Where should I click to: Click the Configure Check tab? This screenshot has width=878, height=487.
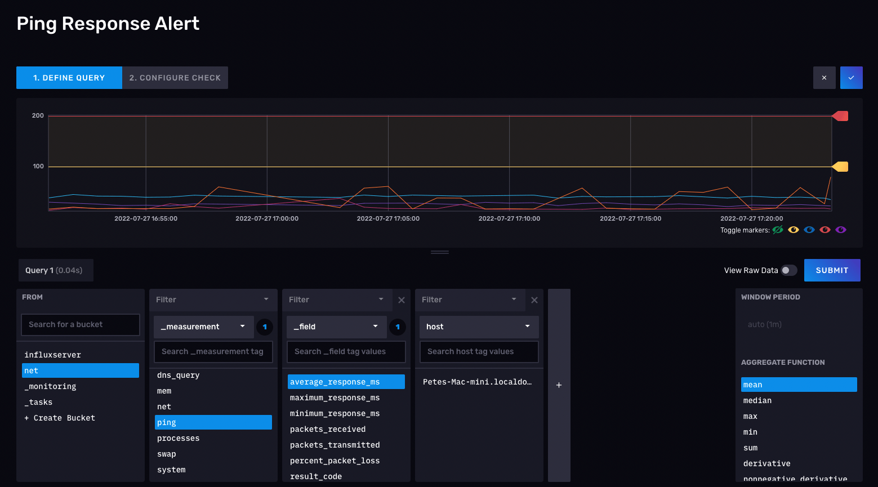pyautogui.click(x=175, y=78)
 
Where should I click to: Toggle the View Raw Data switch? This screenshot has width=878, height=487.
pyautogui.click(x=788, y=270)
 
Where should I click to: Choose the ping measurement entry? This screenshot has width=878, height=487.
pyautogui.click(x=213, y=422)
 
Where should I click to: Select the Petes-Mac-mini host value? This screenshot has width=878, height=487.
pyautogui.click(x=478, y=382)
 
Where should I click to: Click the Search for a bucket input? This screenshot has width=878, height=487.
pyautogui.click(x=81, y=324)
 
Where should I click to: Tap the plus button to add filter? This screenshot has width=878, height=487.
pyautogui.click(x=559, y=385)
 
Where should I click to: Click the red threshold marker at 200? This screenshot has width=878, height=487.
pyautogui.click(x=840, y=116)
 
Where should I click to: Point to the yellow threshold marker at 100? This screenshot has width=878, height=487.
pyautogui.click(x=840, y=167)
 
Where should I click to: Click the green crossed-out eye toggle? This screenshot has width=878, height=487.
pyautogui.click(x=778, y=230)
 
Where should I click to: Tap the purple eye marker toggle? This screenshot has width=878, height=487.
pyautogui.click(x=841, y=230)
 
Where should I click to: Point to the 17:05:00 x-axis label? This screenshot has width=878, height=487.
pyautogui.click(x=388, y=218)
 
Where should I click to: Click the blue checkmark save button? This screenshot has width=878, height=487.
pyautogui.click(x=852, y=78)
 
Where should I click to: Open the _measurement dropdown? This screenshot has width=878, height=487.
pyautogui.click(x=204, y=327)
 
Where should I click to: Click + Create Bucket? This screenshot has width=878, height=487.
pyautogui.click(x=60, y=418)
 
